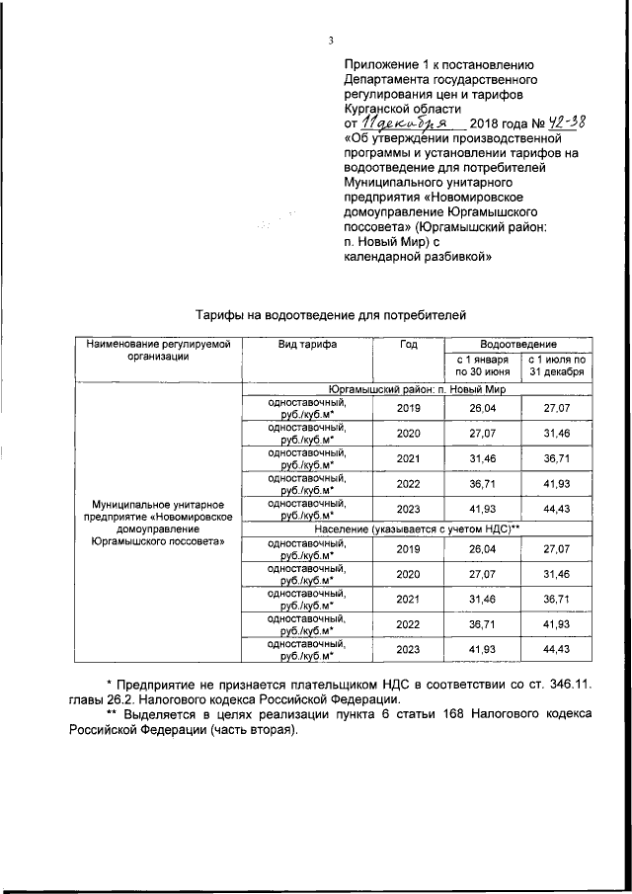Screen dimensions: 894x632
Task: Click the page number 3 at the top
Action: point(332,41)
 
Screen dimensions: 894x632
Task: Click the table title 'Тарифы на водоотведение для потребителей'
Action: point(329,314)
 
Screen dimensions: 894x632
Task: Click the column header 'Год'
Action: point(408,345)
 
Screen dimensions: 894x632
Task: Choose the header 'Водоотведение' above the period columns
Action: point(519,343)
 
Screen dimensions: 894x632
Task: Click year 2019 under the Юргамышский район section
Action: point(408,407)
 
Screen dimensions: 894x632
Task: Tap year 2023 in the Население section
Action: point(408,650)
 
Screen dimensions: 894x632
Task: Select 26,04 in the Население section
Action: point(482,549)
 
